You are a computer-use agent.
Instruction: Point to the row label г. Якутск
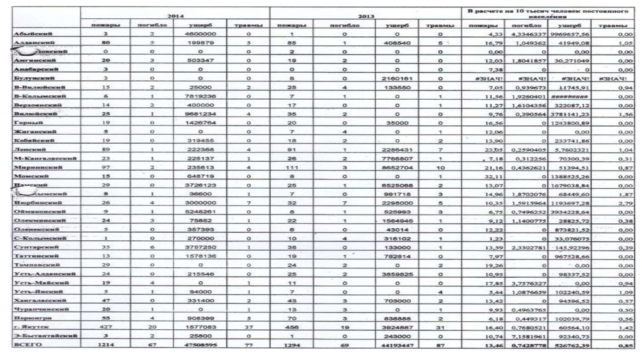pyautogui.click(x=31, y=327)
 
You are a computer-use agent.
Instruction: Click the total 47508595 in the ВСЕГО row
pyautogui.click(x=199, y=344)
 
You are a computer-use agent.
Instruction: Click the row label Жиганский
pyautogui.click(x=34, y=134)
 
